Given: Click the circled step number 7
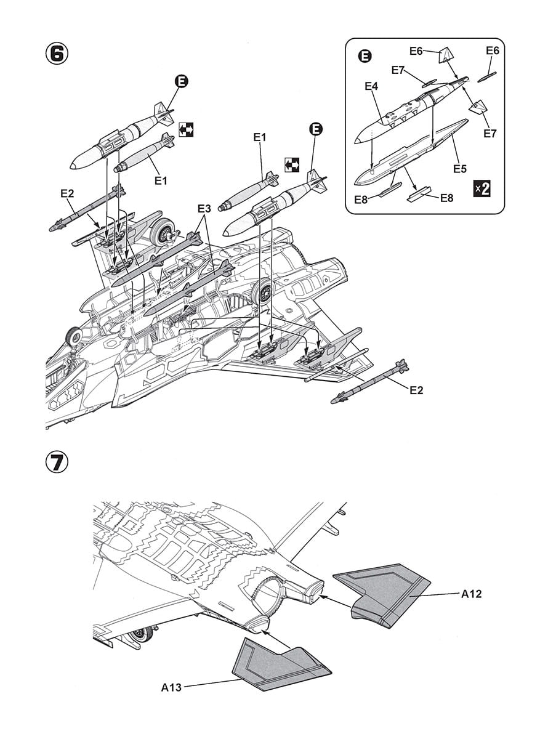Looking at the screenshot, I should pos(56,462).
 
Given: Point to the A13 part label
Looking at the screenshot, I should pos(171,687).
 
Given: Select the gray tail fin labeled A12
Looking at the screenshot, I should pos(382,595).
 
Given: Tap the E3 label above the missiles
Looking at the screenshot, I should pos(204,209).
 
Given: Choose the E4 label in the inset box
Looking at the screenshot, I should pos(371,87).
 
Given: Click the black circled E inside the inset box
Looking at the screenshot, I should pos(365,57).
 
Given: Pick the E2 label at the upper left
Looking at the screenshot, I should pos(68,193).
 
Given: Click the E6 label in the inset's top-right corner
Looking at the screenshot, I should pos(492,50).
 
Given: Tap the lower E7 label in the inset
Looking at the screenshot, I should pos(490,132).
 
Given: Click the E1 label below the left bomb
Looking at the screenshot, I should pos(161,180).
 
